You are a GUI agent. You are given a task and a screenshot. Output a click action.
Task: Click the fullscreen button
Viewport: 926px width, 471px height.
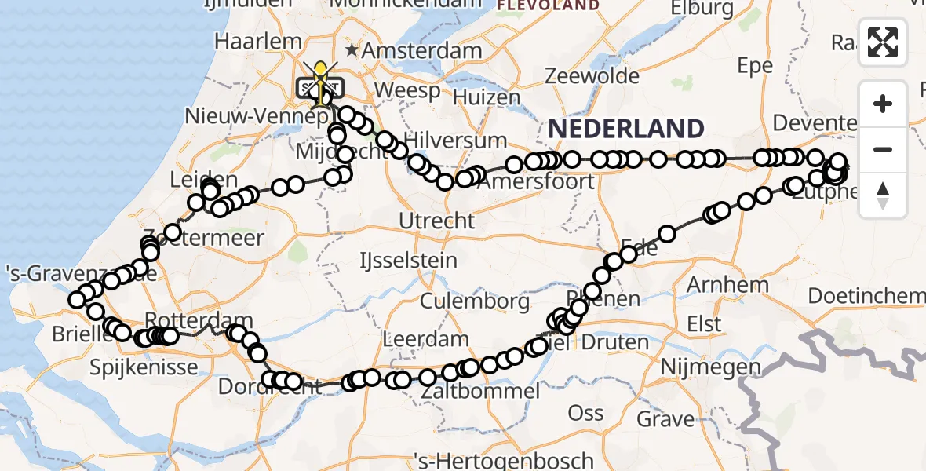pyautogui.click(x=883, y=42)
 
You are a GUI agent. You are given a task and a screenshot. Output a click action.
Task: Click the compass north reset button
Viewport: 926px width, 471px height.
pyautogui.click(x=883, y=195)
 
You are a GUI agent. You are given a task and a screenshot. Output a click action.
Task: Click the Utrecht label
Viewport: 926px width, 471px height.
pyautogui.click(x=437, y=221)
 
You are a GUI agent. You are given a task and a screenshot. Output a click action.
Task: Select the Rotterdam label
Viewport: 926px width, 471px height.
pyautogui.click(x=199, y=320)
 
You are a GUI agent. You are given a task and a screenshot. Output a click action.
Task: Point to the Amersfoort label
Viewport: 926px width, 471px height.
pyautogui.click(x=535, y=181)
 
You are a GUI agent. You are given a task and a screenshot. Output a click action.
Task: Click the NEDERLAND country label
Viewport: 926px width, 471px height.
pyautogui.click(x=625, y=128)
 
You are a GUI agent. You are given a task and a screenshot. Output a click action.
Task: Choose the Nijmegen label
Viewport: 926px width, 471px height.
pyautogui.click(x=710, y=367)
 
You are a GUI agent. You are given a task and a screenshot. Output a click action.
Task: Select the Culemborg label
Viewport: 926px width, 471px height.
pyautogui.click(x=475, y=301)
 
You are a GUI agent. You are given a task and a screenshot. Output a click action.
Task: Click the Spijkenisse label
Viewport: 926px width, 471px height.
pyautogui.click(x=144, y=366)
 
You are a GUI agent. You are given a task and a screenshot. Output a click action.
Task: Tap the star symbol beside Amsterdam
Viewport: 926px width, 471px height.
pyautogui.click(x=352, y=50)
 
